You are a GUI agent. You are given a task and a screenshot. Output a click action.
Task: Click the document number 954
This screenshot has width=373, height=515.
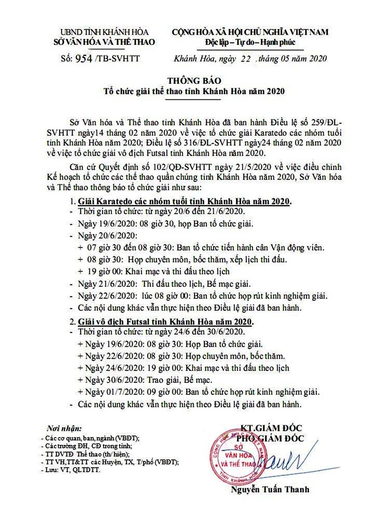[x=84, y=59]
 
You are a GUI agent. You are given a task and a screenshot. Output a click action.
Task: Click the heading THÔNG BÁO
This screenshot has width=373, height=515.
[x=194, y=81]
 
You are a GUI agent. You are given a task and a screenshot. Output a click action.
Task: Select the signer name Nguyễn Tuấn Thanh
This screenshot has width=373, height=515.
[x=270, y=489]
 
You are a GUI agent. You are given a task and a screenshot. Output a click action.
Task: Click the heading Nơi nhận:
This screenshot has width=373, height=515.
[x=64, y=428]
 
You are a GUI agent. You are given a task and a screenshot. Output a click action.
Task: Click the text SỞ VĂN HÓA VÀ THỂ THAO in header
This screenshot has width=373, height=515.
[x=104, y=42]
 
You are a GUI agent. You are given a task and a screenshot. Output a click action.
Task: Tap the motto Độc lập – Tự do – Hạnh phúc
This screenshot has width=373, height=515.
[x=250, y=42]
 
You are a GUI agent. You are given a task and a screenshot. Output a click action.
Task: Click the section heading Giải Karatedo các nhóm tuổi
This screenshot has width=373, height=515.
[x=184, y=202]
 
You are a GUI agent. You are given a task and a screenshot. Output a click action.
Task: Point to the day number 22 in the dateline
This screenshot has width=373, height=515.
[x=245, y=59]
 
